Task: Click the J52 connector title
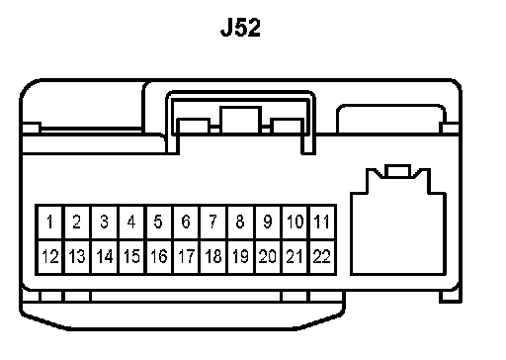[240, 28]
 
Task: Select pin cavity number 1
[49, 222]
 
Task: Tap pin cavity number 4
[131, 222]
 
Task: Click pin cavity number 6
[186, 222]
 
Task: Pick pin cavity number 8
[240, 222]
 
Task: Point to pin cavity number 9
[268, 222]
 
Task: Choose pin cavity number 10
[295, 222]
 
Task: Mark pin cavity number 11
[322, 222]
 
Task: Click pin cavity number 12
[49, 257]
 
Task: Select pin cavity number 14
[104, 257]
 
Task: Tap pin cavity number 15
[131, 257]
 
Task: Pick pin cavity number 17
[186, 257]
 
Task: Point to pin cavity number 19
[240, 257]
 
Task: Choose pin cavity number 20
[268, 257]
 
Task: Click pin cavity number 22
[322, 257]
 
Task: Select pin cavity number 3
[104, 222]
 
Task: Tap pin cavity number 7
[213, 222]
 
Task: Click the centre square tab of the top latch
[241, 120]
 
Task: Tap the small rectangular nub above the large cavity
[399, 171]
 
